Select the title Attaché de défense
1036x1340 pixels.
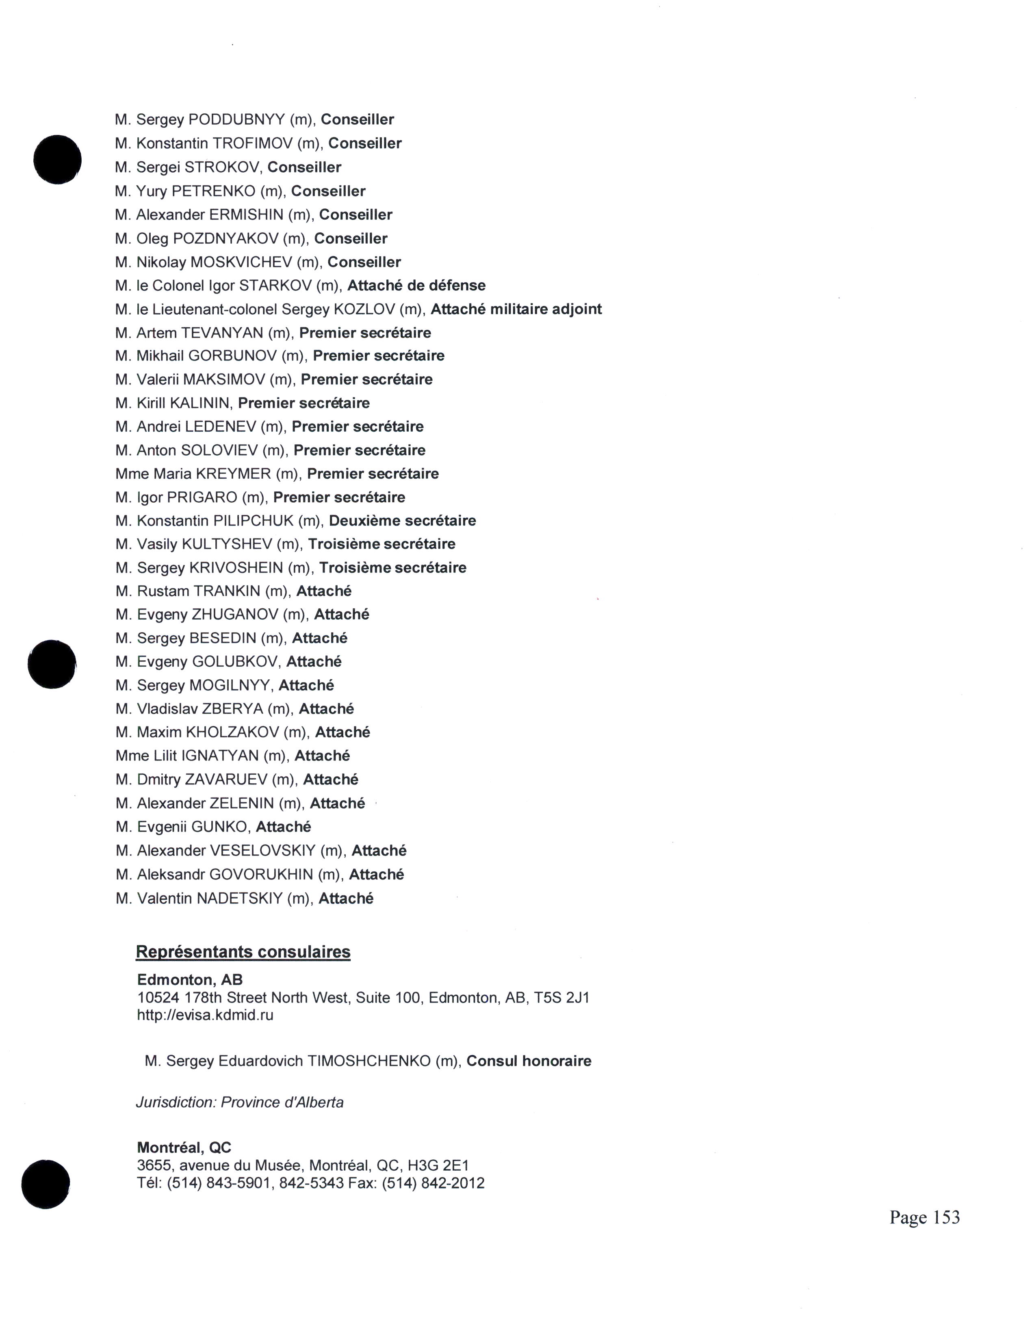point(416,285)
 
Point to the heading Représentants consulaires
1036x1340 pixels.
point(243,952)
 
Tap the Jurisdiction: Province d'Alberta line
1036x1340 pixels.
point(239,1102)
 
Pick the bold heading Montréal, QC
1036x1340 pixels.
point(184,1148)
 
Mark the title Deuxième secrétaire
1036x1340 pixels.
point(402,521)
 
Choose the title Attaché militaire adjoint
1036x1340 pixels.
point(516,309)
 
